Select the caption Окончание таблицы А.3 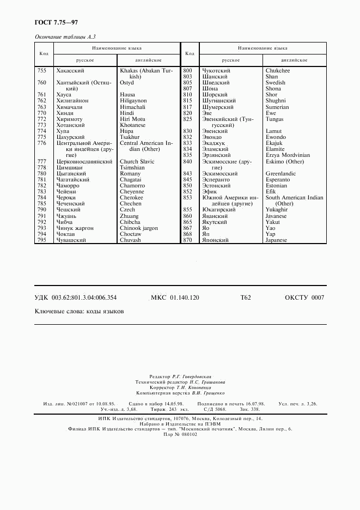click(65, 37)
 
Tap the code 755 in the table click(41, 71)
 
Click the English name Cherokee click(131, 198)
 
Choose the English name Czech click(127, 210)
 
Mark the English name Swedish click(275, 83)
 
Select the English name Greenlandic click(280, 174)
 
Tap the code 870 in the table click(188, 240)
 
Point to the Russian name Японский click(216, 240)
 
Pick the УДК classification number click(76, 297)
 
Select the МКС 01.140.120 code click(175, 297)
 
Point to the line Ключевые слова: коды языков click(79, 312)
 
